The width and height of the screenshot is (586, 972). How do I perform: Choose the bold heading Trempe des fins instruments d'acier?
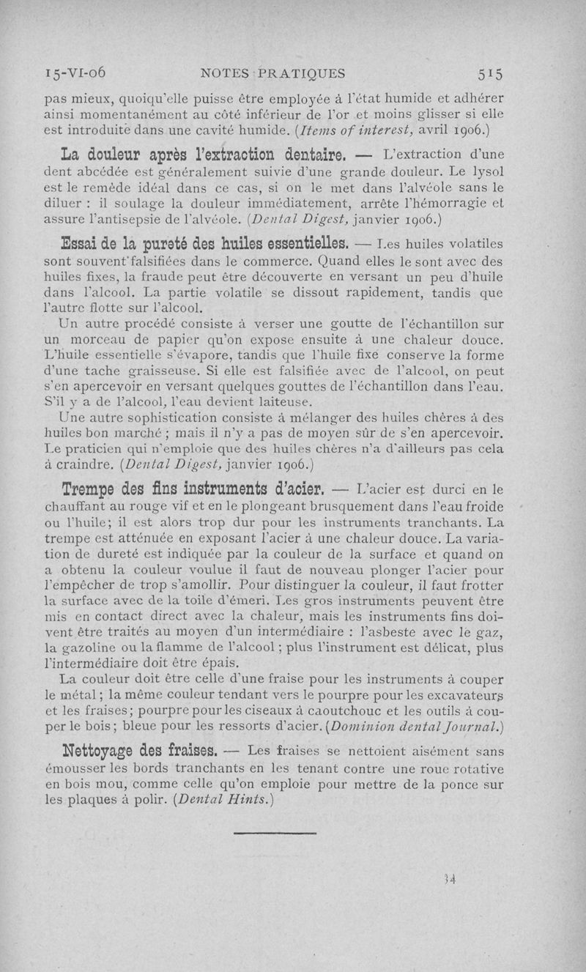click(x=196, y=488)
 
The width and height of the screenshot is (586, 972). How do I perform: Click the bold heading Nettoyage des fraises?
click(x=141, y=751)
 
